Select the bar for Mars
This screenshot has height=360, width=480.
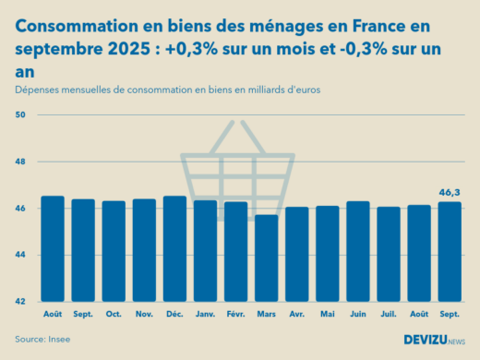tap(267, 258)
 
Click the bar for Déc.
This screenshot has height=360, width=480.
tap(174, 249)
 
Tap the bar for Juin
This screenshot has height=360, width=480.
tap(357, 251)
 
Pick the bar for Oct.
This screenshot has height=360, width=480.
tap(114, 251)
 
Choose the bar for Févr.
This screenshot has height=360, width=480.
tap(235, 251)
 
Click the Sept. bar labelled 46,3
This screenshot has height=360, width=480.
tap(449, 251)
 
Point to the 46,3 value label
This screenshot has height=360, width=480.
tap(449, 193)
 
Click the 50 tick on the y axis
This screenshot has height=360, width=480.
tap(21, 114)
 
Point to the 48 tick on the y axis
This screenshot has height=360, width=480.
tap(21, 162)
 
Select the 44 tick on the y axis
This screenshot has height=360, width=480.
tap(21, 255)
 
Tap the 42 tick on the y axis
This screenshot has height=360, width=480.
tap(21, 301)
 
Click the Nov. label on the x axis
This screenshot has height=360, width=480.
tap(144, 314)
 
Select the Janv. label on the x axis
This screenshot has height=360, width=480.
tap(205, 314)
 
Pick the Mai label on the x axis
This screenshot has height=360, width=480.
tap(327, 314)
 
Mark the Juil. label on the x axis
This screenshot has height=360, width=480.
tap(388, 314)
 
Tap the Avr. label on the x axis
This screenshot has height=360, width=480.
tap(296, 314)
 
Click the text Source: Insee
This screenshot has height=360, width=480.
tap(42, 340)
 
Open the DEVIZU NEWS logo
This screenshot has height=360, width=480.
tap(434, 340)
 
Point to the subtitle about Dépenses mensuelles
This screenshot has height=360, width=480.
tap(167, 90)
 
